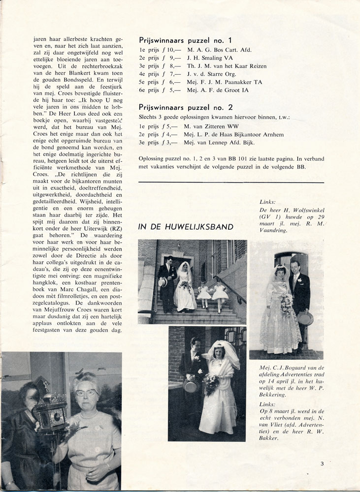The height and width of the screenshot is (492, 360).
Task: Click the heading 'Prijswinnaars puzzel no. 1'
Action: (x=185, y=40)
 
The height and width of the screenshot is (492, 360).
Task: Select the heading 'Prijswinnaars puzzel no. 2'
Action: (x=186, y=107)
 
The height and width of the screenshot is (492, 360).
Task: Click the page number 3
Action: (x=322, y=462)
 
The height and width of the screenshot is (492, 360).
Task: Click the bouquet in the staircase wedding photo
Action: (x=185, y=286)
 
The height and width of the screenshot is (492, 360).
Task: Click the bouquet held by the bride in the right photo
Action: (x=286, y=303)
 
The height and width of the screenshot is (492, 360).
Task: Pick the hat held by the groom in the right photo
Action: (x=305, y=317)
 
